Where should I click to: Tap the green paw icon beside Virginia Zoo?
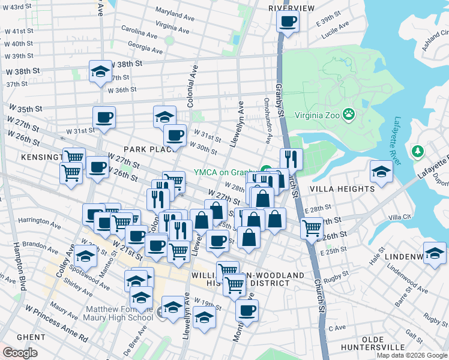[x=349, y=115]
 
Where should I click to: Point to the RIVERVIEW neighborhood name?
[x=291, y=8]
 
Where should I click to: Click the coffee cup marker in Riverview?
[x=288, y=22]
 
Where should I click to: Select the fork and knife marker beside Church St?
[x=291, y=160]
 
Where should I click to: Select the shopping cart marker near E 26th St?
[x=312, y=229]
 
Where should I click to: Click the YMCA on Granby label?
[x=225, y=171]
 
